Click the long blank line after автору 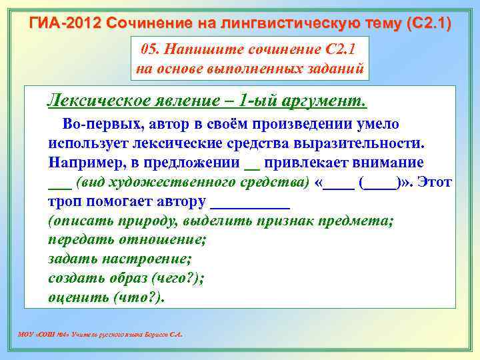[250, 202]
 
